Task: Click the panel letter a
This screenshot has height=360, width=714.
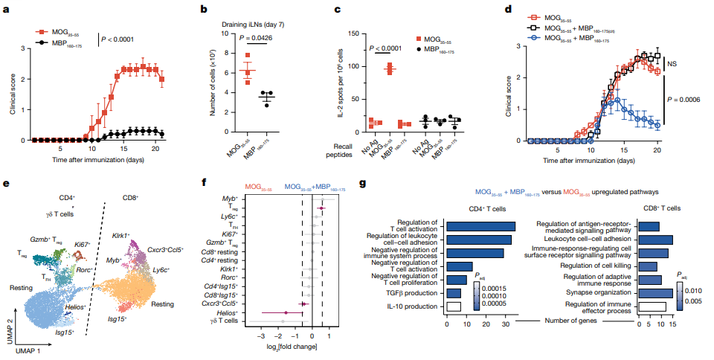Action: pos(7,10)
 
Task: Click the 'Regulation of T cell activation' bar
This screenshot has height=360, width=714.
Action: pos(480,226)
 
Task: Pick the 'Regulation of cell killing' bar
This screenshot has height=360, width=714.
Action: pos(647,266)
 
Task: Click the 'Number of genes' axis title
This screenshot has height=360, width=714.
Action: pos(555,321)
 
